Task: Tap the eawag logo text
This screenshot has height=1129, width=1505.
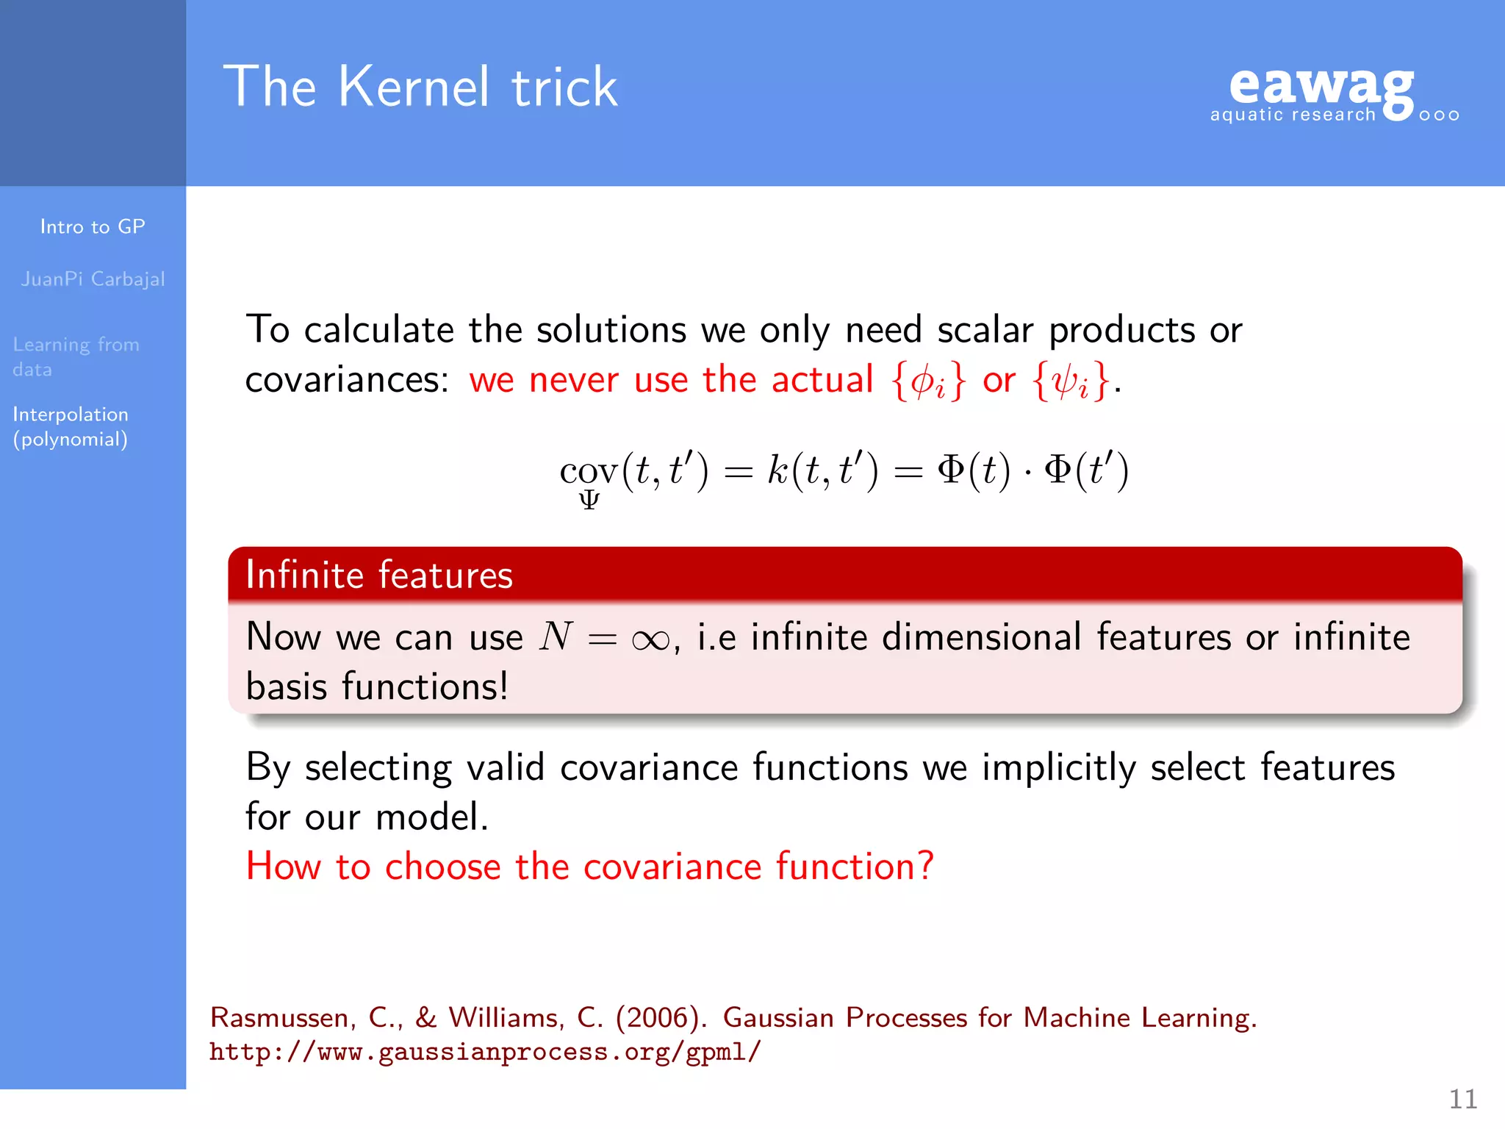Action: coord(1321,87)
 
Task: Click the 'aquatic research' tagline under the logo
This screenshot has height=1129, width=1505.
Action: coord(1293,115)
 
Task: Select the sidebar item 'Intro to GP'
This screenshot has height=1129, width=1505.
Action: coord(93,226)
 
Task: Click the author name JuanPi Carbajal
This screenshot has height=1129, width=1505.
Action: coord(93,279)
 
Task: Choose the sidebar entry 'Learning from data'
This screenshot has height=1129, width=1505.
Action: coord(75,356)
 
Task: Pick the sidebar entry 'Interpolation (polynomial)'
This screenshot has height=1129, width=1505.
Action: coord(71,426)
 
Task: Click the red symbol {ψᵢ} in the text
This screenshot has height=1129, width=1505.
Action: coord(1070,381)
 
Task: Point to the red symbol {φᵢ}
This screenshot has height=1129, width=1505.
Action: coord(927,381)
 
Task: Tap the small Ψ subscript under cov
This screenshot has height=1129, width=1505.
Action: coord(589,501)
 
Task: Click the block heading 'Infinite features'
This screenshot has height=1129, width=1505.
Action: coord(379,575)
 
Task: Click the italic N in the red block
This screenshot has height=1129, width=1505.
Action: coord(556,636)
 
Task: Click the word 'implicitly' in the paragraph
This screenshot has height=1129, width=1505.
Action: coord(1058,768)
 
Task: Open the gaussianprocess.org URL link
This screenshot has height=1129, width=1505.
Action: coord(485,1052)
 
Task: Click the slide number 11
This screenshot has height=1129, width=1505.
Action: coord(1462,1099)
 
